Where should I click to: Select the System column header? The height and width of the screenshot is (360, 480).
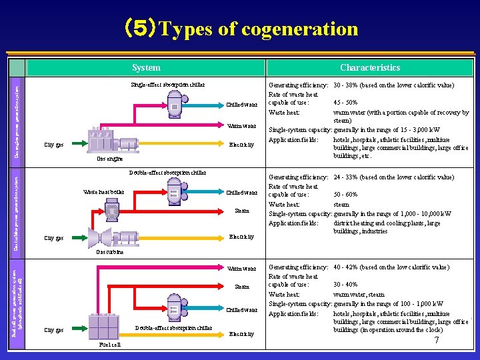click(146, 67)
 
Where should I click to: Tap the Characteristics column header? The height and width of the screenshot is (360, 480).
click(370, 67)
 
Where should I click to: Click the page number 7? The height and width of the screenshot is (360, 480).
click(436, 341)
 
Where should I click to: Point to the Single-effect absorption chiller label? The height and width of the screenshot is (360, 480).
click(167, 85)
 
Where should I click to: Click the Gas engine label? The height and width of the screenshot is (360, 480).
click(109, 159)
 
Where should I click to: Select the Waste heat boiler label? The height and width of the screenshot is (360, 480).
click(103, 192)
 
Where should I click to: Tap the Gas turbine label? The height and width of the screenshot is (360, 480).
click(109, 252)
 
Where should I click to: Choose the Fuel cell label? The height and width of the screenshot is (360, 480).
click(109, 345)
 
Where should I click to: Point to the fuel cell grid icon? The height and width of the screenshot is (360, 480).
click(103, 327)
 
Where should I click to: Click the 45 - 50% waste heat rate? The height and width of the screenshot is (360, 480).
click(345, 103)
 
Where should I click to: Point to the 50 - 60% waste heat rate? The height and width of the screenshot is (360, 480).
click(345, 195)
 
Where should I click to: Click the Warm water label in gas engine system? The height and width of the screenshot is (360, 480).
click(241, 126)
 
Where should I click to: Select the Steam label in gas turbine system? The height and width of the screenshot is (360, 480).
click(241, 211)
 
